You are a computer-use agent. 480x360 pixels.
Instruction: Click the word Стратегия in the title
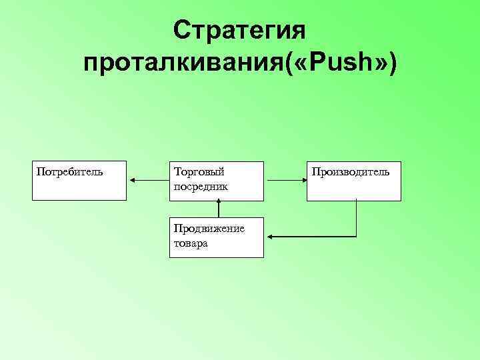pos(239,31)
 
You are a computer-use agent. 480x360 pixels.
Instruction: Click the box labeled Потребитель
pos(79,181)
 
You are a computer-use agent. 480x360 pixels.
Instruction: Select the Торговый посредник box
pos(216,181)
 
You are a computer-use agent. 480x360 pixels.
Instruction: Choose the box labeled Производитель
pos(354,181)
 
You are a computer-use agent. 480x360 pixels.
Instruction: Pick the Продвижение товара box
pos(216,237)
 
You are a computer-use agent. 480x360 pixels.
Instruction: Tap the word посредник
pos(201,186)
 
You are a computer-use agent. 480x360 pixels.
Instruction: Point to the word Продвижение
pos(209,229)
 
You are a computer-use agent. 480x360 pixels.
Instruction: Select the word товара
pos(191,243)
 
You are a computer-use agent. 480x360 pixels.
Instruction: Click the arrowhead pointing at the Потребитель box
pos(132,180)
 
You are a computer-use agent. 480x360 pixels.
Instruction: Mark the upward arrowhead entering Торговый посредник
pos(218,203)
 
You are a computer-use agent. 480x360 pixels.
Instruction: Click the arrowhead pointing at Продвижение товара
pos(270,237)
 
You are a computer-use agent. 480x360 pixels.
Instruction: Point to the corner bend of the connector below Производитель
pos(357,237)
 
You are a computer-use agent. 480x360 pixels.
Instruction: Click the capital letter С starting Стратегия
pos(181,31)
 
